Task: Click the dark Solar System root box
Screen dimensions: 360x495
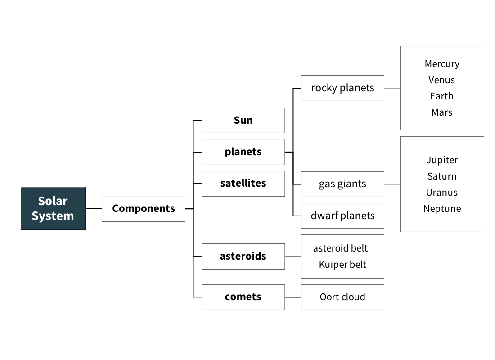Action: pyautogui.click(x=53, y=208)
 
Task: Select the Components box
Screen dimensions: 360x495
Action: pyautogui.click(x=143, y=209)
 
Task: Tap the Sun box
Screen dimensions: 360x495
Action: pyautogui.click(x=243, y=120)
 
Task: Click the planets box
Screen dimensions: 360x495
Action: pyautogui.click(x=243, y=152)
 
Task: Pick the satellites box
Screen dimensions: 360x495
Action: pyautogui.click(x=243, y=184)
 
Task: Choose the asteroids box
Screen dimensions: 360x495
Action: pyautogui.click(x=243, y=256)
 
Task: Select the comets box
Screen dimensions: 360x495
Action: pyautogui.click(x=243, y=297)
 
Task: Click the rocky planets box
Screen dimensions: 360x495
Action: pyautogui.click(x=342, y=88)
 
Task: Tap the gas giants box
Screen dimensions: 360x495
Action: pyautogui.click(x=342, y=184)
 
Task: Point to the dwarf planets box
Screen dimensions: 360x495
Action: pyautogui.click(x=342, y=216)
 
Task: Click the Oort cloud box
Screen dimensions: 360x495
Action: pyautogui.click(x=342, y=297)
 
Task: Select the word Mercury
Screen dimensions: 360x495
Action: pyautogui.click(x=442, y=64)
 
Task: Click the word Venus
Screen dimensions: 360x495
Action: pyautogui.click(x=441, y=80)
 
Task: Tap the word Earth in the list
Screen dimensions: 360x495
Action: pyautogui.click(x=441, y=96)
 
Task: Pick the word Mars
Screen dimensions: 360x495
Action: pyautogui.click(x=441, y=112)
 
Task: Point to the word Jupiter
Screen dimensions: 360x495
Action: pyautogui.click(x=442, y=160)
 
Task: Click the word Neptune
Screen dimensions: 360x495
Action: pyautogui.click(x=442, y=209)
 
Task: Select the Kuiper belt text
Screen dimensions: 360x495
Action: pyautogui.click(x=342, y=265)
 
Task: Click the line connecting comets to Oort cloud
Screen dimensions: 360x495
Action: pyautogui.click(x=293, y=297)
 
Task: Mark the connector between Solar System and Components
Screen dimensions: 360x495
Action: pyautogui.click(x=94, y=209)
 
